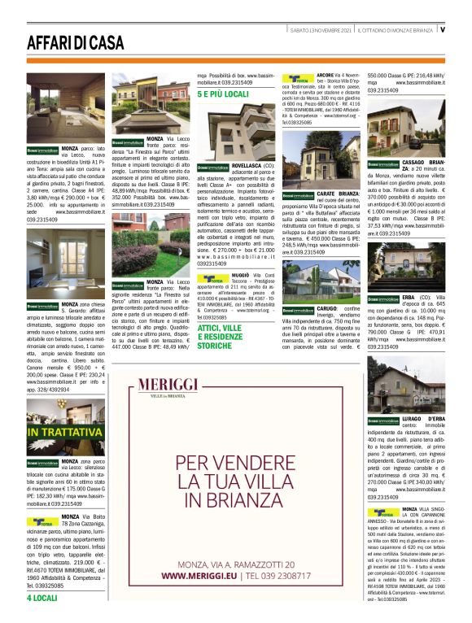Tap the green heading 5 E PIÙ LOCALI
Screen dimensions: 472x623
click(223, 95)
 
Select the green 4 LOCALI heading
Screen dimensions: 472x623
click(42, 598)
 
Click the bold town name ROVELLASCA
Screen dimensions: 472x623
click(249, 164)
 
